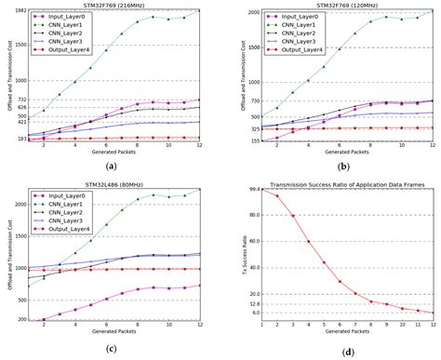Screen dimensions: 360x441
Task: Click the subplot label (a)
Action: (x=113, y=165)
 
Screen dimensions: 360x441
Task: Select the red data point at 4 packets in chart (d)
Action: (x=309, y=242)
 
